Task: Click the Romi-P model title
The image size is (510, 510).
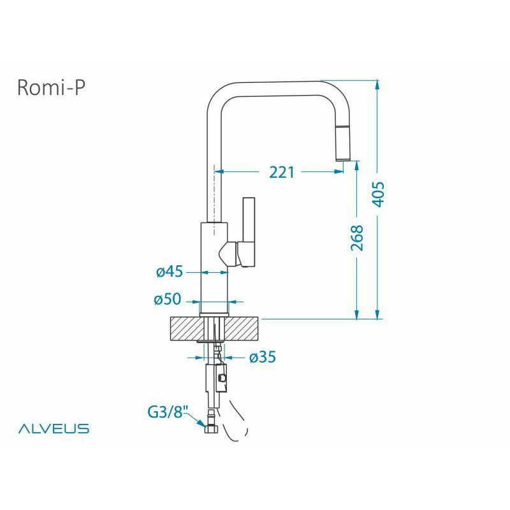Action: (52, 88)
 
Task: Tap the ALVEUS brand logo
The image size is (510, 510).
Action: (54, 428)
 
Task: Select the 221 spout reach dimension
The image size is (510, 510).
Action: (282, 172)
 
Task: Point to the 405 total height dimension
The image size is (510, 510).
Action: (378, 194)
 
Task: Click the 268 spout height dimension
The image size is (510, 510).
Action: (357, 238)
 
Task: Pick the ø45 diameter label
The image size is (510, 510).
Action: (170, 272)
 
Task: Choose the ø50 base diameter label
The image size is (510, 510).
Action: (168, 299)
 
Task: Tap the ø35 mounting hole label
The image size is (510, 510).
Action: (263, 357)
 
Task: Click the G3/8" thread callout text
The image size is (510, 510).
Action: (168, 412)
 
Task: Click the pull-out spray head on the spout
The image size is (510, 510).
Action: (342, 143)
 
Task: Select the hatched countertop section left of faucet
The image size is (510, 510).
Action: (186, 329)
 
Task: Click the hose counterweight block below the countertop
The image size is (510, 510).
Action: (221, 377)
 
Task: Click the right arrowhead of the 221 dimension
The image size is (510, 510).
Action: (339, 171)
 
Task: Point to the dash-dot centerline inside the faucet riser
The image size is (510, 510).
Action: (214, 200)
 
